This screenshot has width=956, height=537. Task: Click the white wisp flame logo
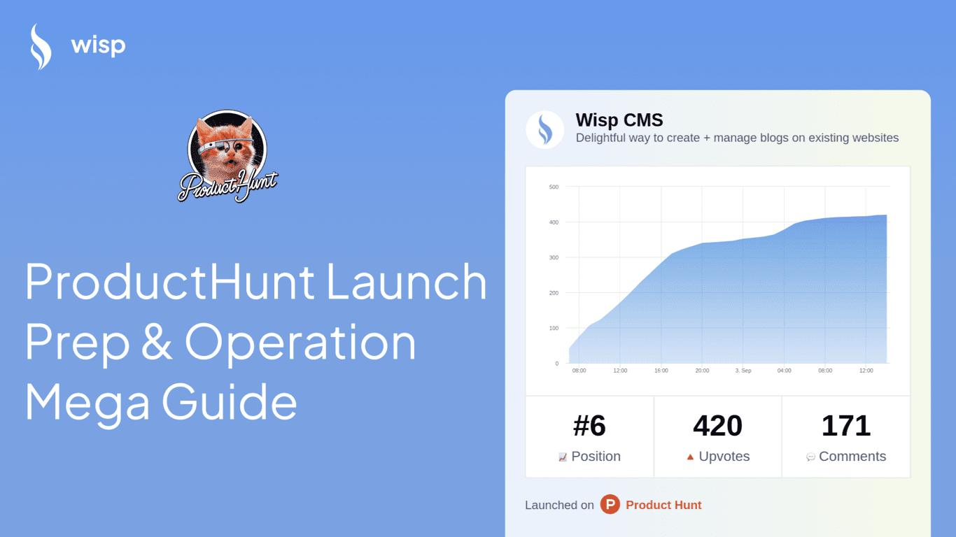[41, 47]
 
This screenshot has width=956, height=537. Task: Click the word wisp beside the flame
[98, 47]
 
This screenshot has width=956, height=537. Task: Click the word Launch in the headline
[407, 282]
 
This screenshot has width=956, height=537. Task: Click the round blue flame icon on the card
[544, 129]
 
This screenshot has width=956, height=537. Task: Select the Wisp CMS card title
[619, 120]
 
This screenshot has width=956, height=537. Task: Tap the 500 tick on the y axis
[554, 187]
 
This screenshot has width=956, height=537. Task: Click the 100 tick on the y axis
[554, 328]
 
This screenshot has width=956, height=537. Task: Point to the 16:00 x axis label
[661, 371]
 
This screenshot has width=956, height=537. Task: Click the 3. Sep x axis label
[743, 371]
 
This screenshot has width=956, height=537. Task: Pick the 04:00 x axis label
[784, 371]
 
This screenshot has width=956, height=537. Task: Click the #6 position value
[589, 426]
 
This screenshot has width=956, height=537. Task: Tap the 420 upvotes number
[717, 426]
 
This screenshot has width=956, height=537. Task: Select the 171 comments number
[845, 426]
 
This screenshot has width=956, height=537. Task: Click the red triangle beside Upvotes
[690, 457]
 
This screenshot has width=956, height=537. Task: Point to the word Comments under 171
[852, 457]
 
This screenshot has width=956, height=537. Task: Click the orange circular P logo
[610, 505]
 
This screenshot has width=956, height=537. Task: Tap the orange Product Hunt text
[663, 505]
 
